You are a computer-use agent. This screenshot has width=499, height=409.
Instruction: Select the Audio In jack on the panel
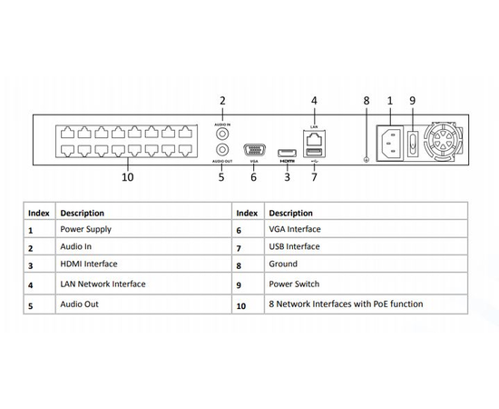[220, 129]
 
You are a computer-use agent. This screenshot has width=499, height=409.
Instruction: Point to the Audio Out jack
[220, 150]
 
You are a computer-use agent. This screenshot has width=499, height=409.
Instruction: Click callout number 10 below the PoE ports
[127, 177]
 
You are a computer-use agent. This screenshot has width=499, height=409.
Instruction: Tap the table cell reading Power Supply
[86, 230]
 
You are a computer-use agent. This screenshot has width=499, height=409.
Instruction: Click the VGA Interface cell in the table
[295, 230]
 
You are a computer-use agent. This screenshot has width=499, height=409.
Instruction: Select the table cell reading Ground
[283, 264]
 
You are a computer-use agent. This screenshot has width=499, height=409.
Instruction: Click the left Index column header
[39, 213]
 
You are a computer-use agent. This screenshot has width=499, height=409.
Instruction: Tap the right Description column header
[291, 213]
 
